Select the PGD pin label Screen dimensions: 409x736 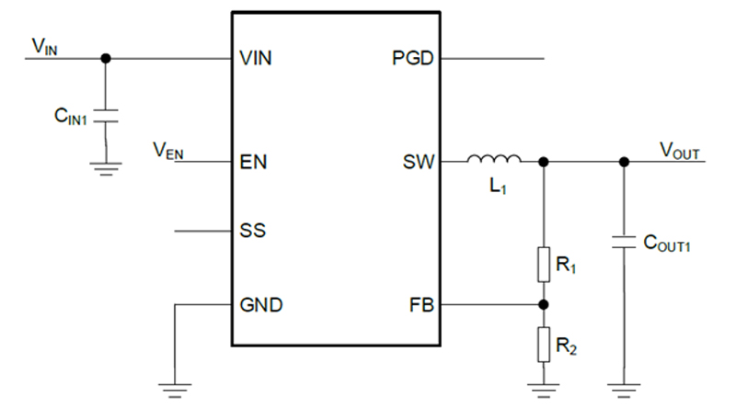[x=411, y=58]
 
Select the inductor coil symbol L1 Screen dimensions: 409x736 [x=494, y=160]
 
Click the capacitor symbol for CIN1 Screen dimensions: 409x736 [x=106, y=118]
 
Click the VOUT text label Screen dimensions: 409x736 [x=682, y=150]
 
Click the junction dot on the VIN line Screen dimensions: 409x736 [x=106, y=58]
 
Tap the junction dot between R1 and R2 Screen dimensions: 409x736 [x=544, y=304]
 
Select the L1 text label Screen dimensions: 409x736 [x=496, y=187]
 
